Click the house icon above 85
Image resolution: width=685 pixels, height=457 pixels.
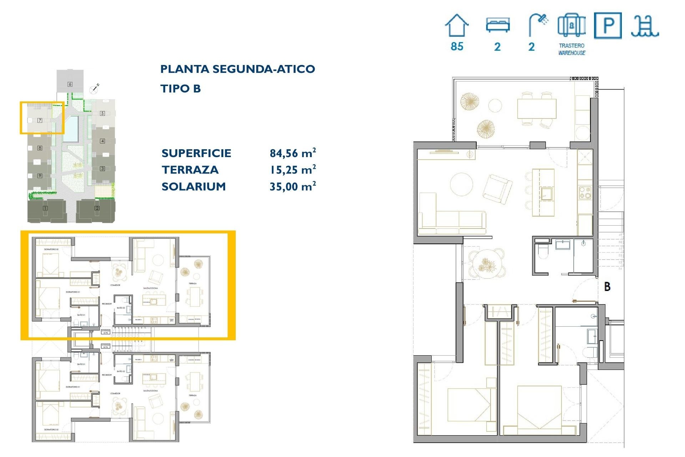(457, 25)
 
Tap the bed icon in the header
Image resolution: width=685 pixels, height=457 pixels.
(498, 25)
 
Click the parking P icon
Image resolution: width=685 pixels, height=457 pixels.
(608, 25)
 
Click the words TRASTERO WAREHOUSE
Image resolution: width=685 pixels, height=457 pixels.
(572, 49)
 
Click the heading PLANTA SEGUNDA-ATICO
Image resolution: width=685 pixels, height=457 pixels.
(238, 69)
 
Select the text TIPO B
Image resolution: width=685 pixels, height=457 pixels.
(181, 89)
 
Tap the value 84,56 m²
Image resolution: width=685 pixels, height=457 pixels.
(293, 153)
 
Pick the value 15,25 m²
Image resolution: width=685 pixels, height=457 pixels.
(293, 170)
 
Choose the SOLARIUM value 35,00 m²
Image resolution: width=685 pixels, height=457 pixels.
(293, 186)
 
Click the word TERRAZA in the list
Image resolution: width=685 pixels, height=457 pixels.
(190, 170)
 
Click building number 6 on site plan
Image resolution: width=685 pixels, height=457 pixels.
(70, 84)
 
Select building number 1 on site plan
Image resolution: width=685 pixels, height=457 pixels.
(45, 208)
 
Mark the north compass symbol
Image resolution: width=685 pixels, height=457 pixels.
(95, 89)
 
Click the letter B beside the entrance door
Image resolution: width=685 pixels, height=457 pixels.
(607, 286)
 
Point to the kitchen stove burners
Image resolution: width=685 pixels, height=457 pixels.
(585, 193)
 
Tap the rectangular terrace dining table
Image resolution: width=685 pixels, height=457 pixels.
(537, 109)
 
